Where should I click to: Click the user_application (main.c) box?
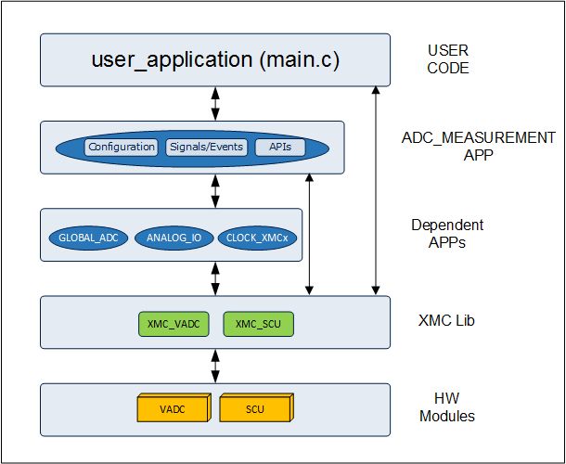[x=215, y=59]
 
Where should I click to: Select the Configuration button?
[x=122, y=147]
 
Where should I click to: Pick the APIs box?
[x=279, y=147]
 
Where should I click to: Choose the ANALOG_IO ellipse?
[x=174, y=238]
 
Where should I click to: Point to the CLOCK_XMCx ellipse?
[x=258, y=238]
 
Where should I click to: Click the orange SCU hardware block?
[x=255, y=407]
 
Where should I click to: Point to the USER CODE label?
[x=448, y=59]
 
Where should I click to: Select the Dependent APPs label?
[x=447, y=233]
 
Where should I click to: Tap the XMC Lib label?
[x=447, y=320]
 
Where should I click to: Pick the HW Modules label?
[x=447, y=407]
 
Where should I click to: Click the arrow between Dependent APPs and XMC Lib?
[x=215, y=277]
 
